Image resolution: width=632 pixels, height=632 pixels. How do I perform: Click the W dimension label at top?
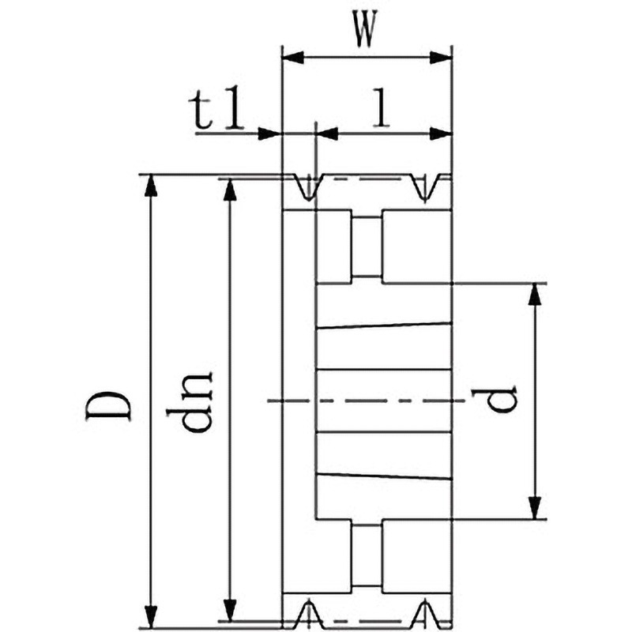[366, 28]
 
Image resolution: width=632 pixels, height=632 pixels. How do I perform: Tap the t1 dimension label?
[216, 109]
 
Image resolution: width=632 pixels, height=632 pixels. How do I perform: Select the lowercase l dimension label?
[382, 107]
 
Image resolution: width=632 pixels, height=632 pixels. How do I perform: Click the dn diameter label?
[189, 402]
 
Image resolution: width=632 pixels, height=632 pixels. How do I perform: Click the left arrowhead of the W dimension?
[292, 58]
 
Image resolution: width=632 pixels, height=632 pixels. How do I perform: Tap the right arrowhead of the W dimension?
[440, 58]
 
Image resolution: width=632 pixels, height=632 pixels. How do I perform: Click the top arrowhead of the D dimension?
[151, 186]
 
